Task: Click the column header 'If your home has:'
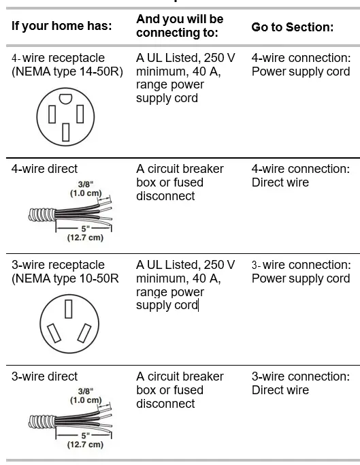(x=61, y=27)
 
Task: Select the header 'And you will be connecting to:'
(x=180, y=25)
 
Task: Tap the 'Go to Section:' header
(x=292, y=27)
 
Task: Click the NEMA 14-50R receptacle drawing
(x=65, y=116)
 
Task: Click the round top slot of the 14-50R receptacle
(x=65, y=99)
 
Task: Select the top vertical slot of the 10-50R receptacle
(x=68, y=308)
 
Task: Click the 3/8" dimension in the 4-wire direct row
(x=85, y=184)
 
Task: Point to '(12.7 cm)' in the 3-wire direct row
(x=85, y=445)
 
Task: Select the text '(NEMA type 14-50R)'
(x=67, y=71)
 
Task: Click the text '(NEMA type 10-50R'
(x=65, y=278)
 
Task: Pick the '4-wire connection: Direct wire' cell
(x=300, y=176)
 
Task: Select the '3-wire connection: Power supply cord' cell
(x=301, y=272)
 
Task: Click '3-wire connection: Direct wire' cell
(x=300, y=383)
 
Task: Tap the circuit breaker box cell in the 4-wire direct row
(x=180, y=182)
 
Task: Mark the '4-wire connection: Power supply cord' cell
(x=301, y=65)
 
